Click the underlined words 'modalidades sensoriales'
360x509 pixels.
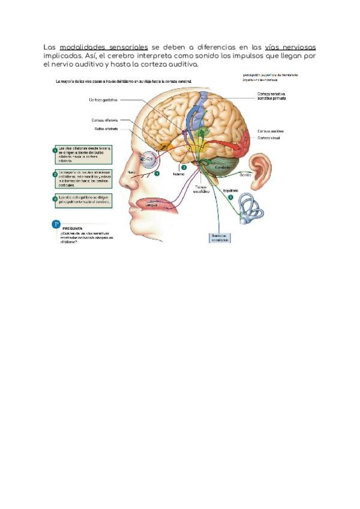(104, 47)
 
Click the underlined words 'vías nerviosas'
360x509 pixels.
(290, 47)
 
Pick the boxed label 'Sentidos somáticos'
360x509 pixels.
(220, 238)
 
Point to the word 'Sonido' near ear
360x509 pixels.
(245, 175)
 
